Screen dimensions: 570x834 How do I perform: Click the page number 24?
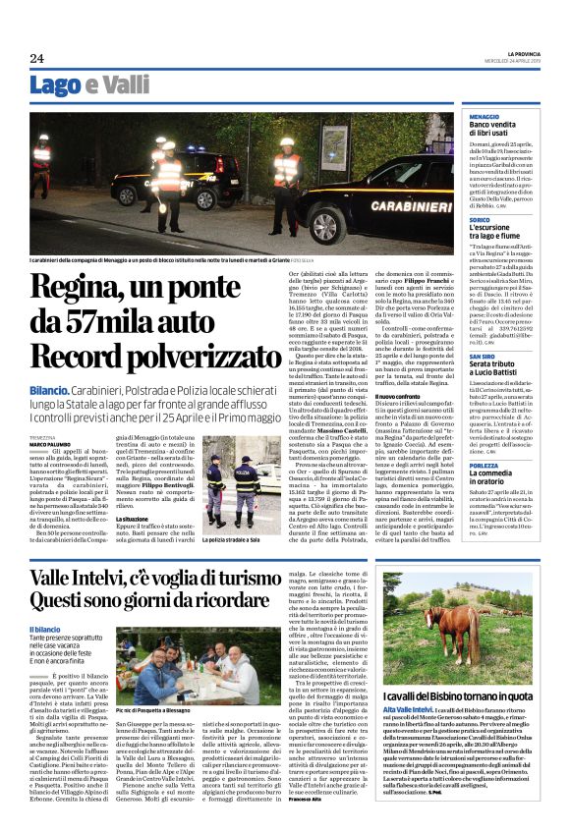click(x=36, y=58)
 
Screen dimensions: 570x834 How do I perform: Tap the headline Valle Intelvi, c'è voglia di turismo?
click(x=152, y=575)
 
